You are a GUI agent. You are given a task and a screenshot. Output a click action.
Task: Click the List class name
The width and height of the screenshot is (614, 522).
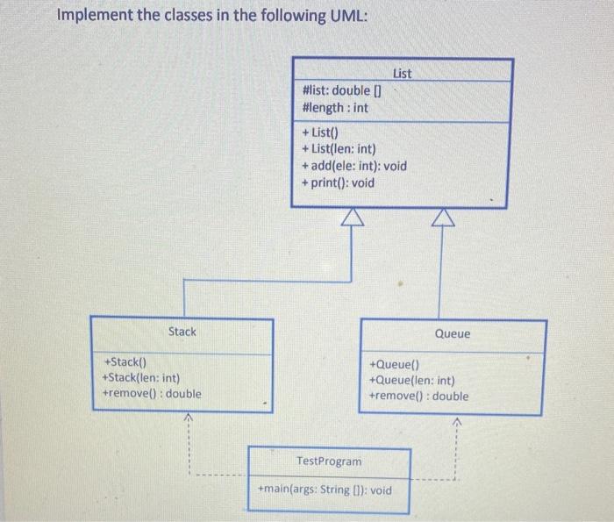(x=402, y=74)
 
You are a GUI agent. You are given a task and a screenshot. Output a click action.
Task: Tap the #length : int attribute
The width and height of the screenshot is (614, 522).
(x=334, y=108)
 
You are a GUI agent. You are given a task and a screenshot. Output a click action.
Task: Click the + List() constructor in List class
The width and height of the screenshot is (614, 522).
(x=321, y=133)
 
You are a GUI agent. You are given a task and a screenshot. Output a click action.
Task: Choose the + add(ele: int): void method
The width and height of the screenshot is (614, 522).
(x=354, y=166)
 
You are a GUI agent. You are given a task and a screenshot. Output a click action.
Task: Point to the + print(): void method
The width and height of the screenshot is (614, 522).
(x=338, y=182)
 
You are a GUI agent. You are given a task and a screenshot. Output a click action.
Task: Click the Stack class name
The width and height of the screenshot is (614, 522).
(x=182, y=332)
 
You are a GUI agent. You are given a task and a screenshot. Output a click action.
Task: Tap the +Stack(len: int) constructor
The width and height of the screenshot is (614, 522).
(x=141, y=378)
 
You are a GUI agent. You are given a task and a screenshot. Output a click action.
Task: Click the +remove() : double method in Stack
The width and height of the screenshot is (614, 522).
(x=152, y=394)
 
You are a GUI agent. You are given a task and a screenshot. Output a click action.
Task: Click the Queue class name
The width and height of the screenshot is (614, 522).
(x=453, y=334)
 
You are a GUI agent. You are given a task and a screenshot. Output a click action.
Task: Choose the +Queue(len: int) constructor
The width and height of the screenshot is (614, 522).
(x=412, y=381)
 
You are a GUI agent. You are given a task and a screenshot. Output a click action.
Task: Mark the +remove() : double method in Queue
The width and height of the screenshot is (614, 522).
(x=419, y=397)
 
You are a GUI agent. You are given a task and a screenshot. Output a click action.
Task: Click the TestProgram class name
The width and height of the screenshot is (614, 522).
(x=329, y=461)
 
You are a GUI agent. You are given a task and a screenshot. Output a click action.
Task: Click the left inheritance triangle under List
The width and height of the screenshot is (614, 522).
(x=351, y=217)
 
